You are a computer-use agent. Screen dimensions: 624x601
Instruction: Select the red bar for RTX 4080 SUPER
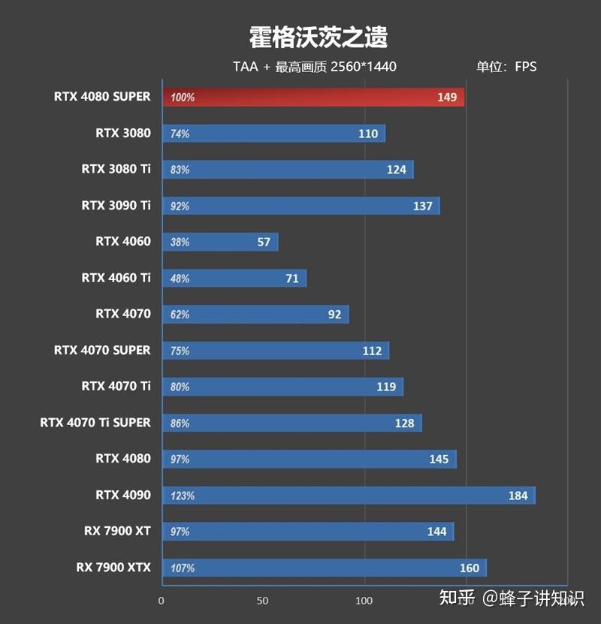(x=313, y=97)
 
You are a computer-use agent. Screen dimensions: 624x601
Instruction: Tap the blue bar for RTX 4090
(x=348, y=495)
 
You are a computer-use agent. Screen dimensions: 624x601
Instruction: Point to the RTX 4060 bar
(x=219, y=242)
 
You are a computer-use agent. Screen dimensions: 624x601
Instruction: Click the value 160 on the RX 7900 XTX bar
(x=470, y=568)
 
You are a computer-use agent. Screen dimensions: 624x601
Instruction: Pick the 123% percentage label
(x=183, y=496)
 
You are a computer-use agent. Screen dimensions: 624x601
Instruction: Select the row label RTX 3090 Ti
(x=116, y=205)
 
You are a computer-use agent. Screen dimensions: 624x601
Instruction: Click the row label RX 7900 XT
(x=117, y=531)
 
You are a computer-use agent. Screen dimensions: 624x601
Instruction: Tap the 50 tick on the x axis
(x=263, y=601)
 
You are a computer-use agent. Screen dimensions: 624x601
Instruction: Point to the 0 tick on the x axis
(x=162, y=601)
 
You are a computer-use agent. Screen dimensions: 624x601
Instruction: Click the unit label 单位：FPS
(x=506, y=67)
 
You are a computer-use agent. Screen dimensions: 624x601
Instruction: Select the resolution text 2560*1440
(x=364, y=67)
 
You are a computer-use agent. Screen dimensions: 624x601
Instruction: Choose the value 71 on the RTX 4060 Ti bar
(x=292, y=279)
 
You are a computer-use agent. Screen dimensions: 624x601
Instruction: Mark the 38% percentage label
(x=180, y=243)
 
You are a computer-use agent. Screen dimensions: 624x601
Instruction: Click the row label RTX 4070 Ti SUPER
(x=95, y=423)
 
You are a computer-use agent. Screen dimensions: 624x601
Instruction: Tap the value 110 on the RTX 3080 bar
(x=368, y=134)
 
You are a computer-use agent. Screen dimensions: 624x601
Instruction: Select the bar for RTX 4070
(x=255, y=314)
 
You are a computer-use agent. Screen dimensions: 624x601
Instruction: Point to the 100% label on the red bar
(x=183, y=98)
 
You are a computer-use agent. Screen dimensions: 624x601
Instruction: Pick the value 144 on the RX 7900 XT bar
(x=436, y=532)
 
